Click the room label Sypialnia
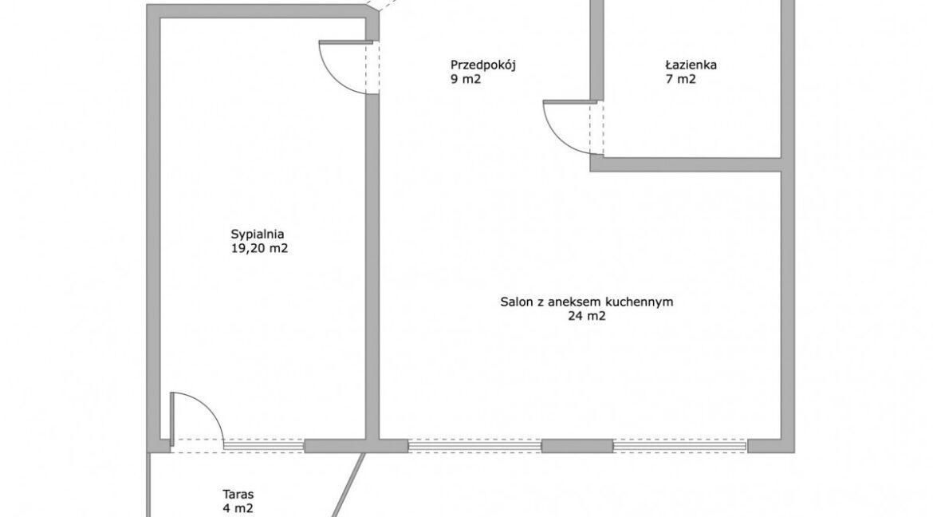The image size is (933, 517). click(x=258, y=235)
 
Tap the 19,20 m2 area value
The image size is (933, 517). click(x=259, y=249)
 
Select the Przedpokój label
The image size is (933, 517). click(x=482, y=65)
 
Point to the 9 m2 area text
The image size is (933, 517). click(x=466, y=79)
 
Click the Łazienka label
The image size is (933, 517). click(x=691, y=65)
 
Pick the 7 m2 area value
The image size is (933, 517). click(x=681, y=79)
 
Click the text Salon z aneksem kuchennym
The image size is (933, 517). click(x=587, y=302)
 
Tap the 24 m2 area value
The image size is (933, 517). click(x=587, y=316)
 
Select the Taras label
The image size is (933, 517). click(x=238, y=495)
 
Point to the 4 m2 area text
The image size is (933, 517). click(x=238, y=509)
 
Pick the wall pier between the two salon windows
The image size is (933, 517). click(x=577, y=446)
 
